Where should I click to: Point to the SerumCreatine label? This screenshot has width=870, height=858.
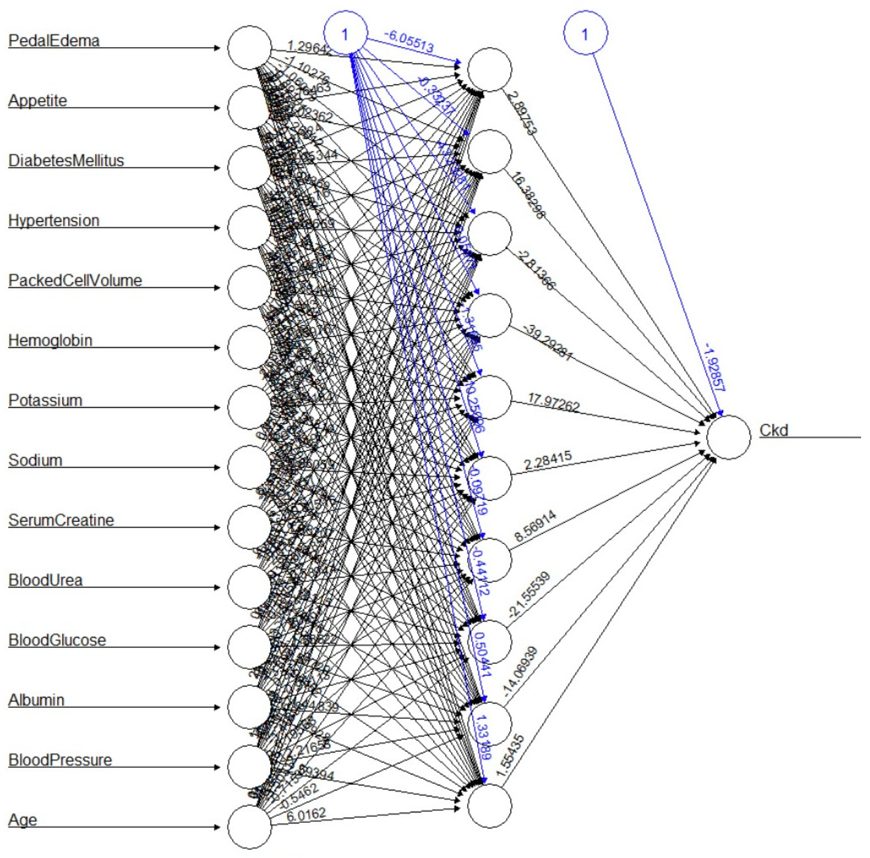click(61, 520)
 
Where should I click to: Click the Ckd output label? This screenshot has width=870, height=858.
click(774, 430)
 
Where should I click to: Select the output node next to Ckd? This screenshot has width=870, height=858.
click(729, 437)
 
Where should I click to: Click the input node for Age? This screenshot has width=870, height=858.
click(250, 827)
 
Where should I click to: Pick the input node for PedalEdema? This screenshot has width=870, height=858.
click(250, 47)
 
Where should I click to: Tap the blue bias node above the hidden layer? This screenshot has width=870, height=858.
click(345, 34)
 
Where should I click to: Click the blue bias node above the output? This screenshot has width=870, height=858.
click(585, 33)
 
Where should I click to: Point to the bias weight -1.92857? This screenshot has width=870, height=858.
click(715, 367)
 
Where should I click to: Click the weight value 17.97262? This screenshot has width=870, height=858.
click(554, 402)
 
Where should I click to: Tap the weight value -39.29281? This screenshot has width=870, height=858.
click(548, 343)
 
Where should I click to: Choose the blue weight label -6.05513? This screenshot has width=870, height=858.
click(409, 42)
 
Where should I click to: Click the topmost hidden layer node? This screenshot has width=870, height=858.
click(490, 69)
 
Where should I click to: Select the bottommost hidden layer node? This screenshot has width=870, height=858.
click(490, 806)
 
